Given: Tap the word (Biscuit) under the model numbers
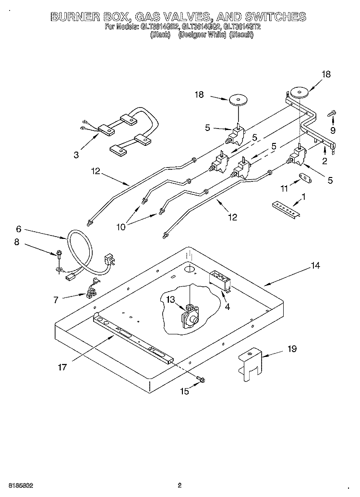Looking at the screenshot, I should point(244,35).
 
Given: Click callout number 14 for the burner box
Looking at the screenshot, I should point(315,265).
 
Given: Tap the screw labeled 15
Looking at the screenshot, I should point(201,380).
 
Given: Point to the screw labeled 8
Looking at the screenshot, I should point(59,254).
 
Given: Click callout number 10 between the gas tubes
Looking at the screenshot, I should point(120,227).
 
